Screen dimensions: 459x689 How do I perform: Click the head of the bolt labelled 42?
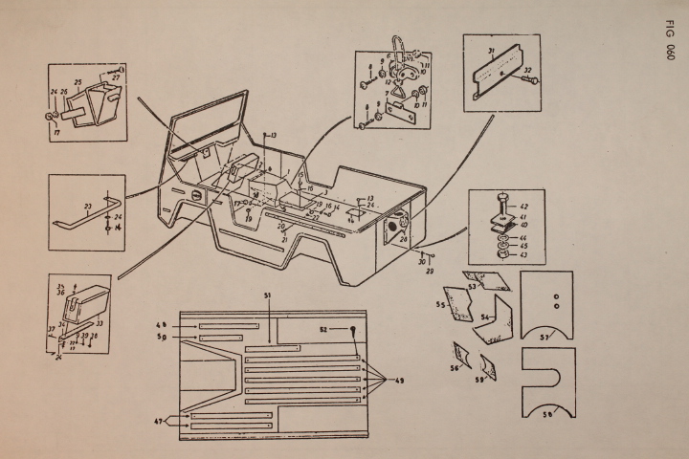point(500,202)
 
